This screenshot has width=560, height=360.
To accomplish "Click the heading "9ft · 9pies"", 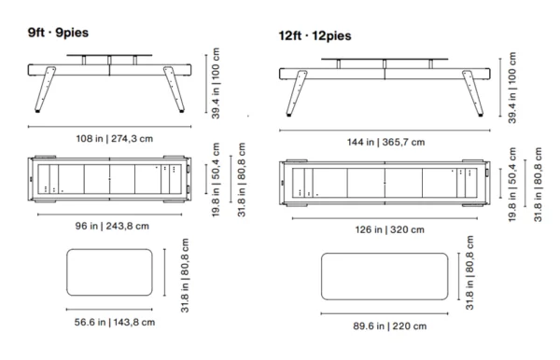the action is coord(58,33).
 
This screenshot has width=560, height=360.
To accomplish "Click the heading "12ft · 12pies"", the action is coord(315,36).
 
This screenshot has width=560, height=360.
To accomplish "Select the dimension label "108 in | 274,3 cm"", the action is coord(114,138).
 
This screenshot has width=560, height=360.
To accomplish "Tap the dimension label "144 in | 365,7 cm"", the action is coord(385,142).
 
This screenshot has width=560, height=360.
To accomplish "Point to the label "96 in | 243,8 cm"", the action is coord(112,226).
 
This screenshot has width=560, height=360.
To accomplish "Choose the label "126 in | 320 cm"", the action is coord(389,229).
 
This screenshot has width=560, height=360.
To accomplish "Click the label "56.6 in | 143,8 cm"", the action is coord(114,322).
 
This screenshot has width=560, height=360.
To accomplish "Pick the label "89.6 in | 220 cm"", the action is coord(389,326).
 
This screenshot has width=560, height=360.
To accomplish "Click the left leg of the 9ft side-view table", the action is coord(45,90).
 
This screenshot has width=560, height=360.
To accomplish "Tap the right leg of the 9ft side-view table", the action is coord(174,90).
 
